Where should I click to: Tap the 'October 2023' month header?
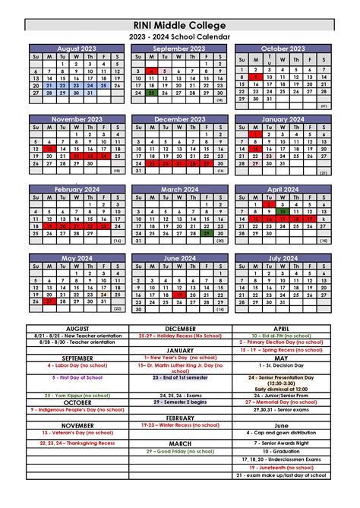(x=282, y=48)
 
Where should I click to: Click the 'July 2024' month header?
(x=282, y=257)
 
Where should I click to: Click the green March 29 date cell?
(x=206, y=233)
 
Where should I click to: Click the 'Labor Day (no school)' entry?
(x=77, y=366)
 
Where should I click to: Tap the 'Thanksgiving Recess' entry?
(x=77, y=443)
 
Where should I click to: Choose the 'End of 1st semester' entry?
(x=180, y=377)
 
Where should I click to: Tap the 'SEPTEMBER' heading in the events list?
(x=77, y=358)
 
